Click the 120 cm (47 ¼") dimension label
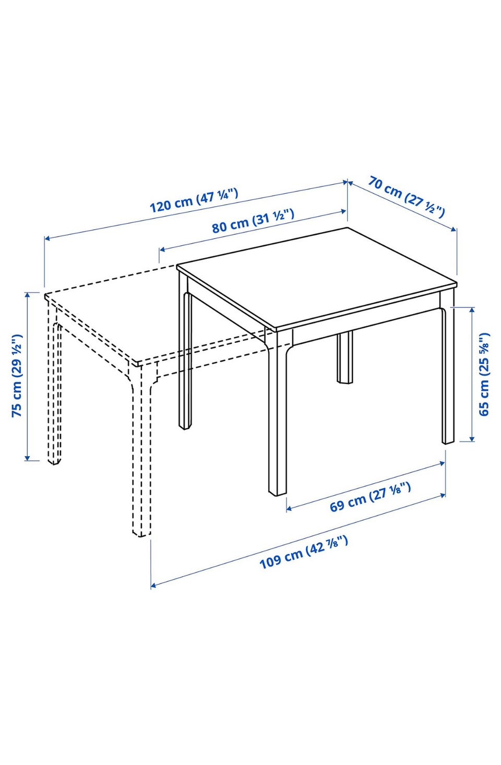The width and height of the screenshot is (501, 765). point(194,201)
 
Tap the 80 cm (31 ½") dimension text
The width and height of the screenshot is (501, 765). point(253,221)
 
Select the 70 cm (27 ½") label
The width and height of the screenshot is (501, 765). point(406,196)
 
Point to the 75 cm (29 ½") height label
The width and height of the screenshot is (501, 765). point(17,376)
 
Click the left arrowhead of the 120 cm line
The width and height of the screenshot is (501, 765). point(47,238)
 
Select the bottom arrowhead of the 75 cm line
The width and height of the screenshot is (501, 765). point(28,457)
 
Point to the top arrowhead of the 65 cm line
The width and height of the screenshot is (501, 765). point(472,310)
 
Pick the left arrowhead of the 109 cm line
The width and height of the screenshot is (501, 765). point(153,585)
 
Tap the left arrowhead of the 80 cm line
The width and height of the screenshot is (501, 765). point(162,249)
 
